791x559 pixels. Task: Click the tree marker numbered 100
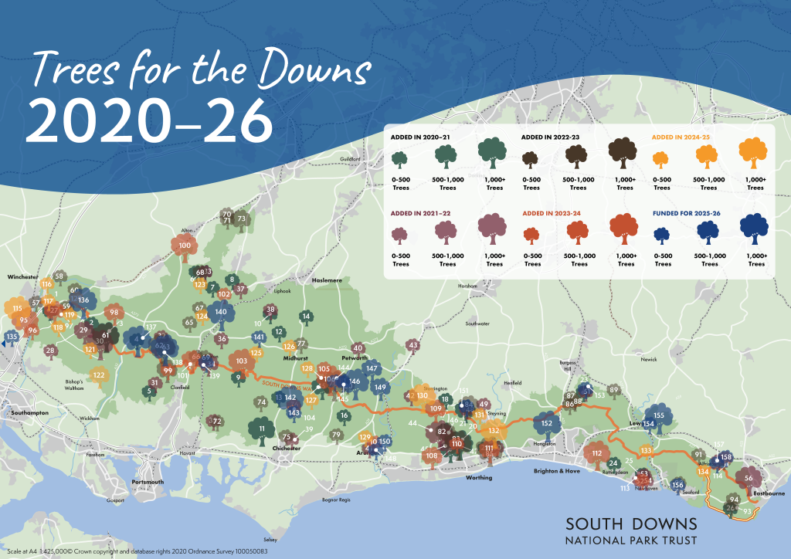[x=185, y=247]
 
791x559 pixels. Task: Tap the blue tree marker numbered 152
[x=547, y=424]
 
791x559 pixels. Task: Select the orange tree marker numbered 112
[x=596, y=454]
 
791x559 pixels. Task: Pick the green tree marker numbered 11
[x=262, y=429]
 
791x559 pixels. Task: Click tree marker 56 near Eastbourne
[x=748, y=479]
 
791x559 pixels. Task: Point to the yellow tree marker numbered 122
[x=99, y=376]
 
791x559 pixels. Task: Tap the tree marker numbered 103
[x=242, y=361]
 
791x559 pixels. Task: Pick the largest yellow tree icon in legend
[x=755, y=151]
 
